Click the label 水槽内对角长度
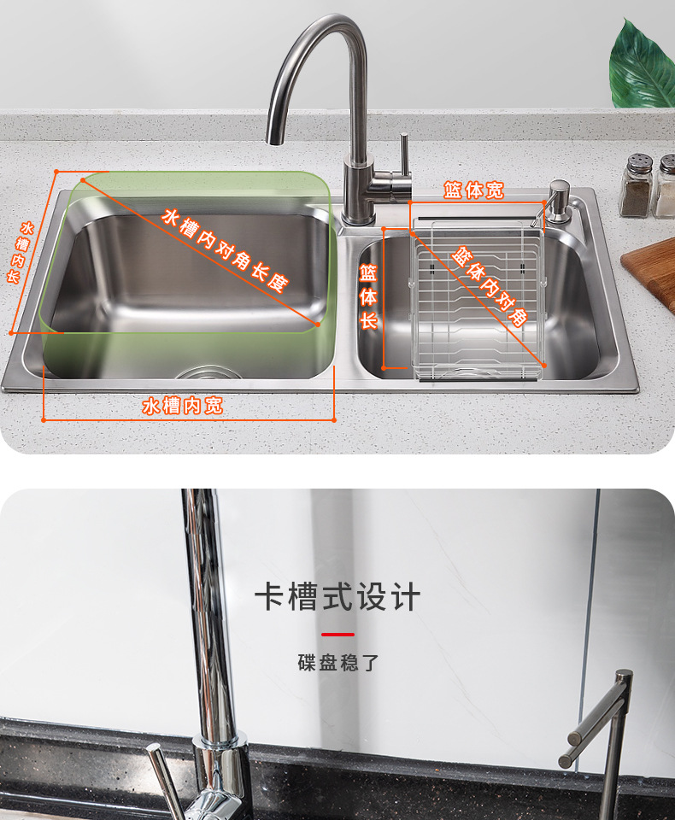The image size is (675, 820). click(x=225, y=250)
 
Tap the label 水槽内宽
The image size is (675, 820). click(x=183, y=406)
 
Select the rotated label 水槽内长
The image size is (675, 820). click(x=20, y=252)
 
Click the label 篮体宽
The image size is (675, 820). click(x=473, y=190)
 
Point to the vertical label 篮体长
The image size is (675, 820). click(x=368, y=296)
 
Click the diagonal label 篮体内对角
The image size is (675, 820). click(x=490, y=286)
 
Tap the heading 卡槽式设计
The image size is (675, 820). click(x=337, y=597)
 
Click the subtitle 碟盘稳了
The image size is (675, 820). click(x=338, y=663)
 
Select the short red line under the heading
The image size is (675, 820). click(x=337, y=635)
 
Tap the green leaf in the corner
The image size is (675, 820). click(x=642, y=67)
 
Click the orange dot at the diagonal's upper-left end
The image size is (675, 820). click(x=83, y=180)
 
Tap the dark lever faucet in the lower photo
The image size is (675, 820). click(x=602, y=742)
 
